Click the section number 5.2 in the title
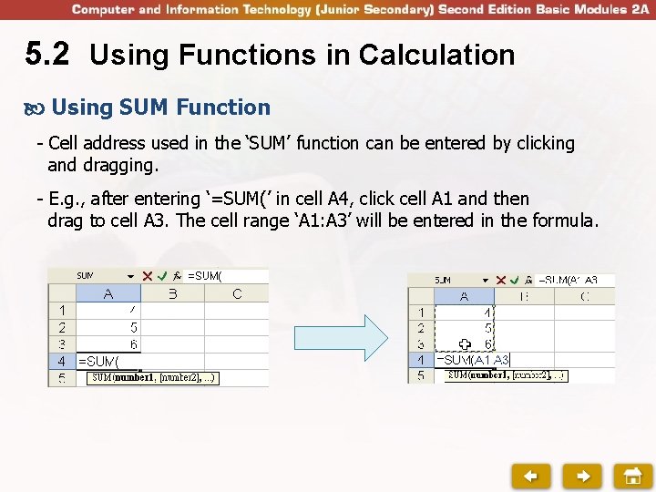pos(46,55)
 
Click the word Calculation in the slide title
pos(436,56)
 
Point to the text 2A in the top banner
pos(638,9)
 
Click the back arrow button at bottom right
pos(530,475)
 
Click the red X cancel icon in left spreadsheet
pos(147,275)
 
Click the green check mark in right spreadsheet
pos(515,280)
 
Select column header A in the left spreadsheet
pos(108,293)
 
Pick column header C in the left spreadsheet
pos(237,293)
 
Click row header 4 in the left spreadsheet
pos(61,361)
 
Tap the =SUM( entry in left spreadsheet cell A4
pos(98,361)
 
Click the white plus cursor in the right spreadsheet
pos(465,344)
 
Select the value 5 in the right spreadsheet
pos(489,328)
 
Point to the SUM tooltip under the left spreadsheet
pos(152,377)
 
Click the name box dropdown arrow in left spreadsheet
pos(131,275)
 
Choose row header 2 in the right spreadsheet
pos(421,328)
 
